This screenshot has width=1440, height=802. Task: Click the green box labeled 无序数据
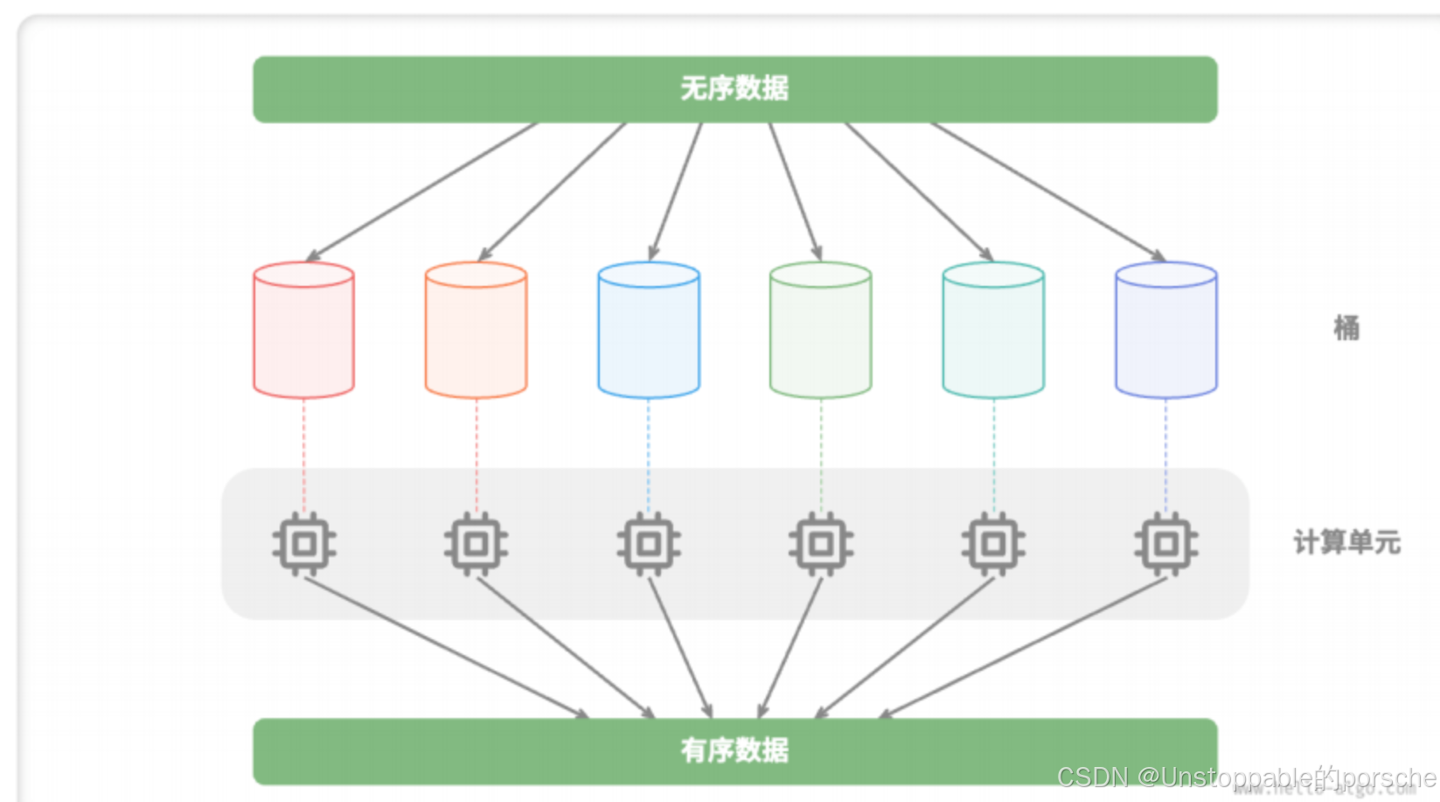734,89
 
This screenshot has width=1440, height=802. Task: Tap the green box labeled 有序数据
734,750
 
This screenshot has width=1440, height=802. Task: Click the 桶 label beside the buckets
1346,328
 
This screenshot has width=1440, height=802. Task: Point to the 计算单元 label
1346,542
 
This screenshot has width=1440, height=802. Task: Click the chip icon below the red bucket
303,544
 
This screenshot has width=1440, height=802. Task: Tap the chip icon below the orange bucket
476,544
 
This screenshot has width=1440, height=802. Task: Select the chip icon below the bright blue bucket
649,544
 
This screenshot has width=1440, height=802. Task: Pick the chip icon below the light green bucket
820,544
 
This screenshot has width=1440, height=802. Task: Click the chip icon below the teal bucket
993,544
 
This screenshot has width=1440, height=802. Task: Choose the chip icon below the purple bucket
1165,544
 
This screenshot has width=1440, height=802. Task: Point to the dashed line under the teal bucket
993,455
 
